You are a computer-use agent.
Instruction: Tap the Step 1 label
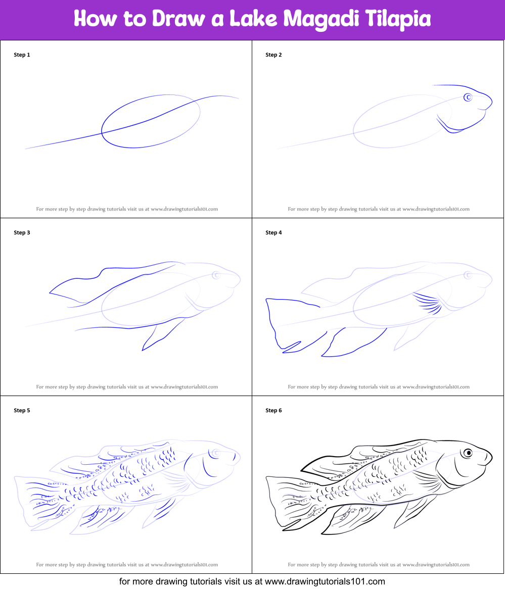tap(22, 55)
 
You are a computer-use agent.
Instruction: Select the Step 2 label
tap(273, 55)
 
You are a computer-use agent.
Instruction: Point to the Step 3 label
tap(22, 232)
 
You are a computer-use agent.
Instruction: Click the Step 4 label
tap(273, 232)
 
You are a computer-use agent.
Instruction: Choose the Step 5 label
tap(22, 410)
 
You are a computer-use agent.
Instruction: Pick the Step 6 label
tap(273, 410)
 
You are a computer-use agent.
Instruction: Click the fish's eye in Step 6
tap(468, 453)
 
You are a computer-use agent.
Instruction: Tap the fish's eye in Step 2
tap(469, 97)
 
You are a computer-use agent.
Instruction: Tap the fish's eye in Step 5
tap(216, 453)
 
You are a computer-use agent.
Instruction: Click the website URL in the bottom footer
tap(325, 581)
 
